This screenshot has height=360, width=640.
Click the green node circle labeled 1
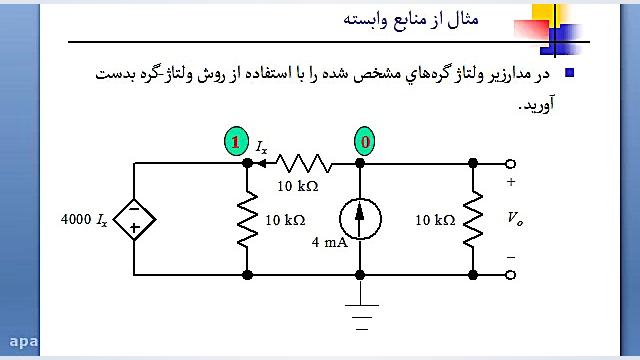pyautogui.click(x=234, y=143)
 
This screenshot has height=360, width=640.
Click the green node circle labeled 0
pyautogui.click(x=366, y=143)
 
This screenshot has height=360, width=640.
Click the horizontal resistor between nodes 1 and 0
pyautogui.click(x=304, y=162)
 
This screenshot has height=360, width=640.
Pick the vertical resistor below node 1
pyautogui.click(x=246, y=219)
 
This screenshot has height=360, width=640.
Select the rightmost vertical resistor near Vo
pyautogui.click(x=473, y=219)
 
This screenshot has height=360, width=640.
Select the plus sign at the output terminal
pyautogui.click(x=511, y=182)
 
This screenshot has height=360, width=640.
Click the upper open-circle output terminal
pyautogui.click(x=511, y=163)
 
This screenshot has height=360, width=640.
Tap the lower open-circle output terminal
pyautogui.click(x=511, y=273)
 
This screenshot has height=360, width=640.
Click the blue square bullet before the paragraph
pyautogui.click(x=569, y=72)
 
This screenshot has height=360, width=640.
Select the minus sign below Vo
pyautogui.click(x=511, y=257)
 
